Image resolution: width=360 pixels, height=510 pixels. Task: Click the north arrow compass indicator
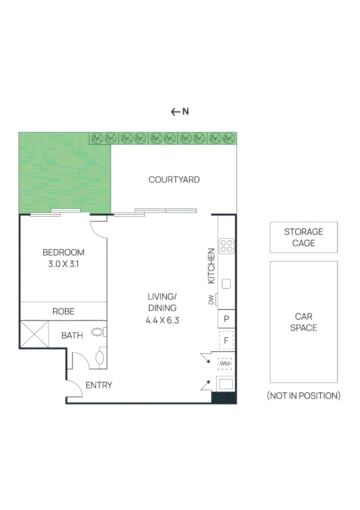click(180, 112)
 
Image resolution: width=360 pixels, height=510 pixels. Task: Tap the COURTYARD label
click(174, 180)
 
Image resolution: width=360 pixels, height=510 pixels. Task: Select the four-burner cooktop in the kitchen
click(227, 246)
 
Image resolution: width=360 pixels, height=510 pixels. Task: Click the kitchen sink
click(226, 284)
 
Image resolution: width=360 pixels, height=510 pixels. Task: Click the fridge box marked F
click(226, 340)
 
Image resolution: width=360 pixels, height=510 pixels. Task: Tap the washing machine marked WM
click(225, 364)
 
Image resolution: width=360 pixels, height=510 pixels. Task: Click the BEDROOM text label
click(63, 252)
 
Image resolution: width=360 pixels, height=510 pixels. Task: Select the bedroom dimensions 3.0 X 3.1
click(63, 264)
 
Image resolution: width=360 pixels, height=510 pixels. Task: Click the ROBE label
click(63, 312)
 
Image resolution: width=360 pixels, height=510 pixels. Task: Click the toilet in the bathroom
click(100, 357)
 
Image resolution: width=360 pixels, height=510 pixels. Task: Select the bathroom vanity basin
click(97, 332)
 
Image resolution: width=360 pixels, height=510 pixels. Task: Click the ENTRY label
click(99, 385)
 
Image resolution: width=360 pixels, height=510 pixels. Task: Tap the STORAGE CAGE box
click(303, 237)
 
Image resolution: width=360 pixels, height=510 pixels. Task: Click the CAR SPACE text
click(303, 322)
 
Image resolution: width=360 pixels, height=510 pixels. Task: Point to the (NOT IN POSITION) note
click(303, 396)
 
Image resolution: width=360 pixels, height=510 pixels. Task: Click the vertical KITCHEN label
click(212, 266)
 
